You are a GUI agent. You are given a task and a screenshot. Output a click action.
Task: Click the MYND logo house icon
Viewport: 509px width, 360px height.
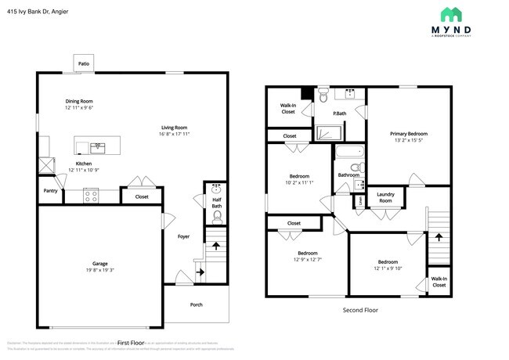(450, 14)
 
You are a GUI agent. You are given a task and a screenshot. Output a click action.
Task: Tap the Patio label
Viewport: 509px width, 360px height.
(84, 63)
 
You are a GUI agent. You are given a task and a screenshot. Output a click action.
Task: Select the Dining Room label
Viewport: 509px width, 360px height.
(79, 101)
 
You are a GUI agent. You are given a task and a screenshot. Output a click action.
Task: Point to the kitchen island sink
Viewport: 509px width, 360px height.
(99, 146)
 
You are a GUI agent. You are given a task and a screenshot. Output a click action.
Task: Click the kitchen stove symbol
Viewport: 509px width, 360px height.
(91, 196)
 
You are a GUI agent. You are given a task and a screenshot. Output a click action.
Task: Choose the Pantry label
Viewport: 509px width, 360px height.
(50, 190)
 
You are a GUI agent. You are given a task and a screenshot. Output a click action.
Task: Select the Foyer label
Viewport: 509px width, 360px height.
(183, 236)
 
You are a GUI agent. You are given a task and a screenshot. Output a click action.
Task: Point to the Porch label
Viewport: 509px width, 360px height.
(197, 305)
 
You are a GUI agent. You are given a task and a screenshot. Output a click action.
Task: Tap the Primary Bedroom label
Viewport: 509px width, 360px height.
(410, 134)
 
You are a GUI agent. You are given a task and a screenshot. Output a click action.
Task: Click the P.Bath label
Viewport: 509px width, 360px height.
(340, 114)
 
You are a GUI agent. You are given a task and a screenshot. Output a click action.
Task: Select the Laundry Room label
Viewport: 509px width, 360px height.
(384, 197)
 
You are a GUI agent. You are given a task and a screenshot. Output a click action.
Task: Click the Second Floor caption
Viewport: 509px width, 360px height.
(360, 311)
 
